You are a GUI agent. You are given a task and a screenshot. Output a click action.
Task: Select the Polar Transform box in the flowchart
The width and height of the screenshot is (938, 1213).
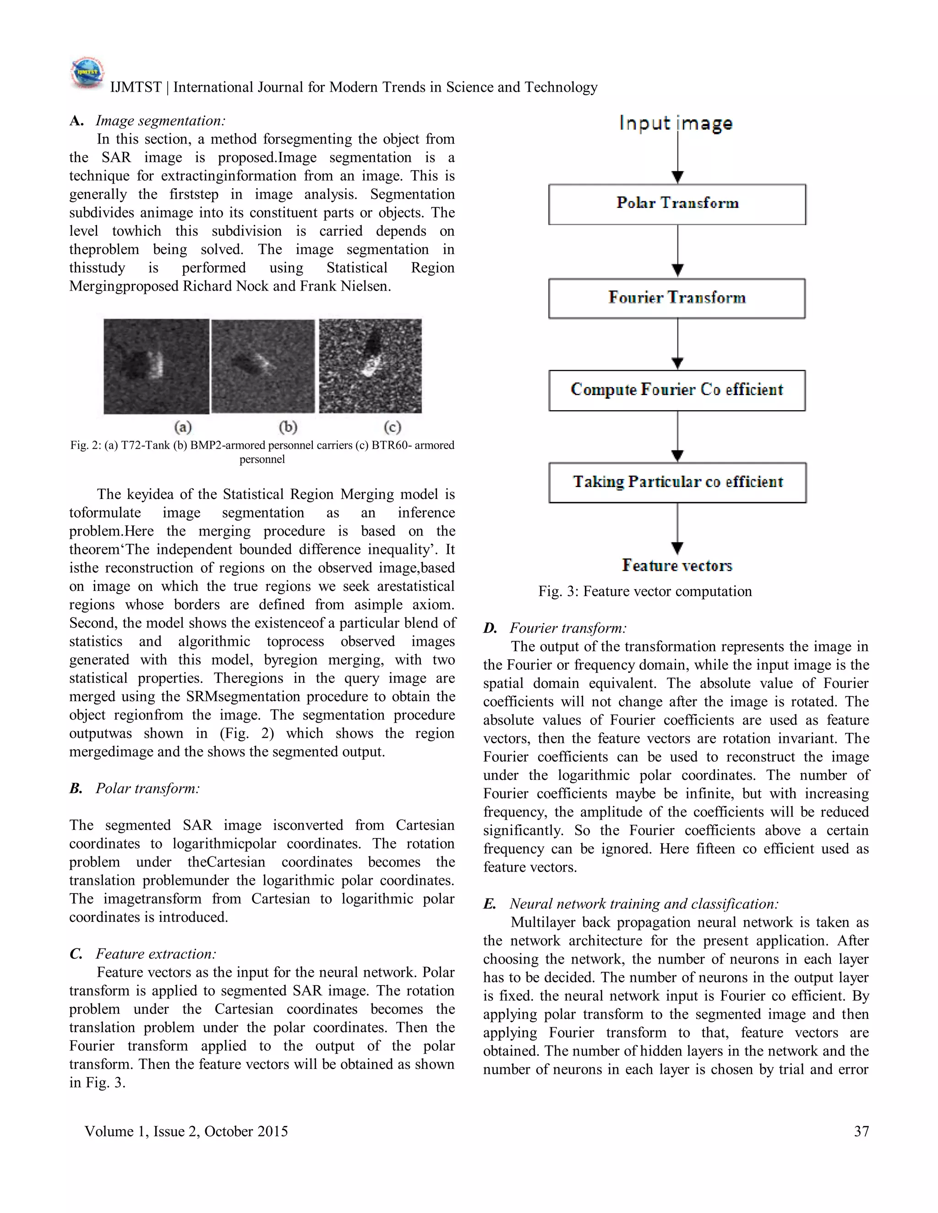677,204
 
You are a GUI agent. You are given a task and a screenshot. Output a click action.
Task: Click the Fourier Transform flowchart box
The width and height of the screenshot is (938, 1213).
677,298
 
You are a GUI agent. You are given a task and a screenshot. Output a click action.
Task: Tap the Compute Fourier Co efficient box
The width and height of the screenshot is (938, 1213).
677,390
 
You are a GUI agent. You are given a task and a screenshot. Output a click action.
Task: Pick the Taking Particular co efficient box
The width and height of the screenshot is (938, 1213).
677,482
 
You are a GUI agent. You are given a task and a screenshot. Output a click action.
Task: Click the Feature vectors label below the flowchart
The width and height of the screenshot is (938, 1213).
677,565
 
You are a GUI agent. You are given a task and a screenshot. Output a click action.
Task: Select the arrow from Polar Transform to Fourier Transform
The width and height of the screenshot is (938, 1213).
677,250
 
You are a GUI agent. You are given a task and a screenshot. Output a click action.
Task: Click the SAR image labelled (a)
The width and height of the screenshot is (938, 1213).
156,366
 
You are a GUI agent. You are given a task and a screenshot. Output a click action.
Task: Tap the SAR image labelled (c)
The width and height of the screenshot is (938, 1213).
370,366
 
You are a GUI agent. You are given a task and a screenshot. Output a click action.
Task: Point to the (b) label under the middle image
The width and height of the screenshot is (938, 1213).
288,427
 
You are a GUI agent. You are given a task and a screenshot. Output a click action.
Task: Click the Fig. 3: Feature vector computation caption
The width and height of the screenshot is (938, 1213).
644,591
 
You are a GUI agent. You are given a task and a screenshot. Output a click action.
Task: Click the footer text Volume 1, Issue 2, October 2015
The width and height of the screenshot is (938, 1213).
186,1132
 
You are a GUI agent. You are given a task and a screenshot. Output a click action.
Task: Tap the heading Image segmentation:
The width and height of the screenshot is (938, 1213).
160,120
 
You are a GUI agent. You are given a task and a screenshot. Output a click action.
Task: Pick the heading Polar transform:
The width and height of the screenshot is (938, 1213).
147,788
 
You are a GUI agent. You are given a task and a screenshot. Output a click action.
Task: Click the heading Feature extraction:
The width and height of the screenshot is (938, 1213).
156,953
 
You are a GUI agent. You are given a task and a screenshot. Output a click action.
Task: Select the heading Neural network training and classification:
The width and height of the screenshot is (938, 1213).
644,904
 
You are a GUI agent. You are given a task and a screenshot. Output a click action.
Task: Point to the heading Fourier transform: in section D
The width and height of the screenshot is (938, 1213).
568,628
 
